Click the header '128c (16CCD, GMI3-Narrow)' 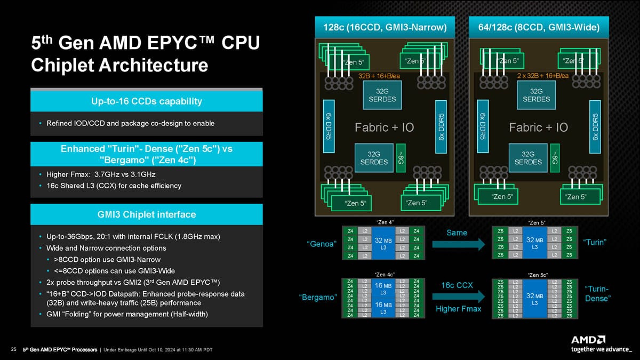coord(385,27)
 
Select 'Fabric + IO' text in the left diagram coord(384,127)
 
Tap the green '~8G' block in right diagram coord(555,157)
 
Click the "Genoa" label coord(322,244)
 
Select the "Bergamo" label coord(318,297)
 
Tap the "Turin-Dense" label coord(597,294)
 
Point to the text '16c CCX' coord(457,285)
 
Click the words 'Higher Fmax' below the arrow coord(459,309)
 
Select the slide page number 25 coord(13,350)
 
